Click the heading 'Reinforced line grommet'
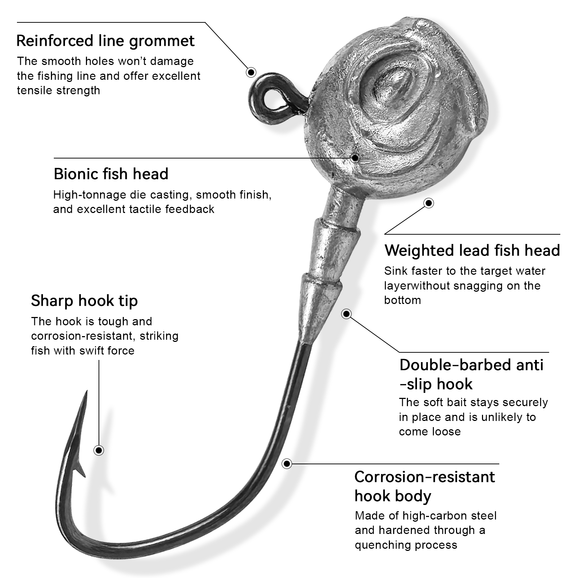(x=105, y=41)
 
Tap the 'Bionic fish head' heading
(x=111, y=174)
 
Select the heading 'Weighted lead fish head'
(x=472, y=251)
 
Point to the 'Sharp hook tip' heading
(x=84, y=301)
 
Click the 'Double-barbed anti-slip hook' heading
(x=471, y=374)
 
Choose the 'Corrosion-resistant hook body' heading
(x=425, y=486)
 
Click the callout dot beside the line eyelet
(x=251, y=72)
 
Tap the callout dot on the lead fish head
(x=355, y=158)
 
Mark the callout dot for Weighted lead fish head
(x=429, y=203)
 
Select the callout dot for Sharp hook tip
(x=99, y=450)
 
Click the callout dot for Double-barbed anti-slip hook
(x=346, y=314)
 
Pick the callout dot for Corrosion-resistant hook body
(x=287, y=464)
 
